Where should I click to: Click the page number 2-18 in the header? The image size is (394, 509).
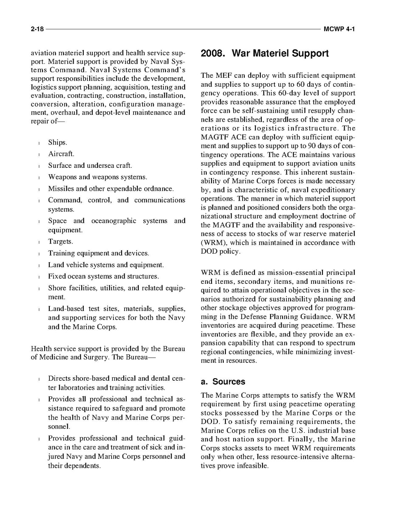[x=37, y=29]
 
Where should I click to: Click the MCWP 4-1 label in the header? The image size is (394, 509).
[x=339, y=29]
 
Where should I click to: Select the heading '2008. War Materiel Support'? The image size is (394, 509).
[x=264, y=54]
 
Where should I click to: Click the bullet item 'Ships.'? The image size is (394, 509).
[x=57, y=142]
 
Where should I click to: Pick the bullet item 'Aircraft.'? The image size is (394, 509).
[x=61, y=154]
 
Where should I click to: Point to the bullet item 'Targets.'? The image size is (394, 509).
[x=60, y=241]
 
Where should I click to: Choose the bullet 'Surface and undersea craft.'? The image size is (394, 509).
[x=90, y=165]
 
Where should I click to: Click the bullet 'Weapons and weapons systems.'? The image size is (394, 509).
[x=97, y=177]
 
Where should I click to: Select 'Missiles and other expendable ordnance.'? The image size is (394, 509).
[x=111, y=189]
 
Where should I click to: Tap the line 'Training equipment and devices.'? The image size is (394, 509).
[x=98, y=253]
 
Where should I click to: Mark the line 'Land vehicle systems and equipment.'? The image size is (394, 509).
[x=106, y=265]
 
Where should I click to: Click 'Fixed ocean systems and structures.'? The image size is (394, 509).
[x=103, y=277]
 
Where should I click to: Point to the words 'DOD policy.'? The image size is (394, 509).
[x=220, y=252]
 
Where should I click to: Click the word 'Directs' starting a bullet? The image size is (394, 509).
[x=59, y=378]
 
